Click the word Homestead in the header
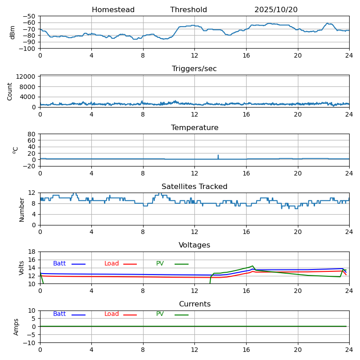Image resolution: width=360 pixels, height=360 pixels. [113, 10]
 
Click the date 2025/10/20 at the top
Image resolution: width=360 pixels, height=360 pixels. [276, 10]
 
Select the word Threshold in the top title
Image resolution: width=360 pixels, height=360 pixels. [189, 10]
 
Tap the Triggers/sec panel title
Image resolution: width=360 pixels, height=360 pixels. [194, 69]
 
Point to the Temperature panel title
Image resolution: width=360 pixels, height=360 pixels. [194, 128]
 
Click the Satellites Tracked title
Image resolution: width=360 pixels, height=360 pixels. [194, 187]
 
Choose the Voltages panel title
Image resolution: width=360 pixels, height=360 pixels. [194, 245]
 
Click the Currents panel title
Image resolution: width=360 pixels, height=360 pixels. [194, 304]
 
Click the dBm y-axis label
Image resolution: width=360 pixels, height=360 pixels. [13, 32]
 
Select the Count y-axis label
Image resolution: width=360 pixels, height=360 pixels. [10, 91]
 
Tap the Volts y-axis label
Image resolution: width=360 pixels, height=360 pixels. [22, 268]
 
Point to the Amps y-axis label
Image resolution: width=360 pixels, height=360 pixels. [16, 327]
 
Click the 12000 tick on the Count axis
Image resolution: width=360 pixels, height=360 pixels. [27, 77]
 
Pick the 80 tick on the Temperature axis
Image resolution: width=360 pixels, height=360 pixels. [32, 134]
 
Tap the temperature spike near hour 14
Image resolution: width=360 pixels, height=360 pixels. [218, 156]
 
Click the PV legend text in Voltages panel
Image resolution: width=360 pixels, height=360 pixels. [160, 264]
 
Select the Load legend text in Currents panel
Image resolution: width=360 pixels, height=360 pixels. [112, 314]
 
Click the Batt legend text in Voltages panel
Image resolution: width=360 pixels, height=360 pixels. [59, 264]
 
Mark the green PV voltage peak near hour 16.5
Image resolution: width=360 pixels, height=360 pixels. [253, 266]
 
